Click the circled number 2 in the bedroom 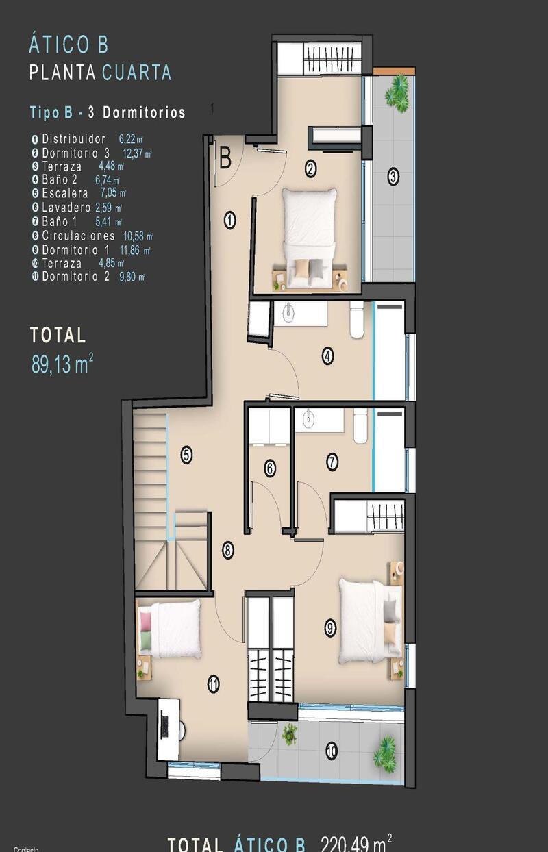tap(310, 168)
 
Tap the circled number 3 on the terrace tap(393, 177)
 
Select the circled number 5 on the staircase tap(186, 453)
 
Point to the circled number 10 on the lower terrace tap(332, 751)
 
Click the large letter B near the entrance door tap(225, 160)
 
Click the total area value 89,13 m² tap(62, 364)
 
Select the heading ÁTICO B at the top tap(68, 45)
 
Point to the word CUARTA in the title tap(136, 73)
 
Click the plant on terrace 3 tap(397, 88)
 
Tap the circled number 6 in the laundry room tap(270, 469)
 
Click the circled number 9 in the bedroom tap(330, 626)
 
